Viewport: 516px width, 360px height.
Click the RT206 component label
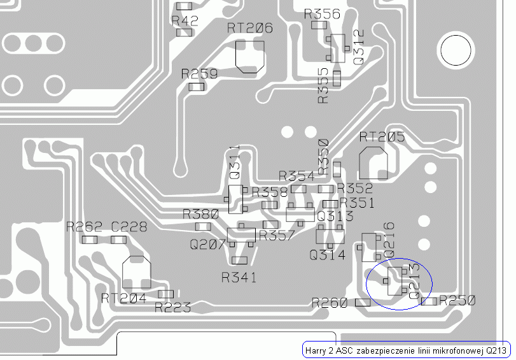point(250,28)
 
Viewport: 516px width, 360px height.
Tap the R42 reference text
point(185,21)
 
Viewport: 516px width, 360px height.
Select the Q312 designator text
point(358,47)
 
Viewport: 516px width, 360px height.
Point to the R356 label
point(322,14)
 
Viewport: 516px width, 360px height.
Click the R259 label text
point(199,74)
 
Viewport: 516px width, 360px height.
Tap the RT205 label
point(382,137)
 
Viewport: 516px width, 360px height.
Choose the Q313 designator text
point(335,216)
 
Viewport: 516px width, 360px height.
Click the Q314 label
point(328,255)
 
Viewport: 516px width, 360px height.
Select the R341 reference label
point(239,277)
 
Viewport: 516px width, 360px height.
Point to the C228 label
point(129,227)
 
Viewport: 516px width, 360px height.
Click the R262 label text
point(84,227)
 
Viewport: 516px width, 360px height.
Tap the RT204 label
point(123,298)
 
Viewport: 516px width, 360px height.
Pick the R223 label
point(173,308)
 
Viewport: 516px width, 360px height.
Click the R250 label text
point(457,300)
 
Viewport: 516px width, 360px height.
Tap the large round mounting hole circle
point(456,50)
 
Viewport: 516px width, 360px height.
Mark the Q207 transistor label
point(208,245)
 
